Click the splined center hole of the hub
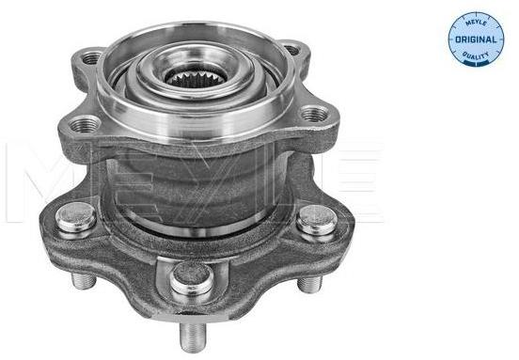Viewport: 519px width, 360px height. pos(197,79)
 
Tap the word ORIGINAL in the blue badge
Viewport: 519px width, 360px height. pos(477,39)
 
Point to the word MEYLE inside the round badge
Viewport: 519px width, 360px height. pos(476,23)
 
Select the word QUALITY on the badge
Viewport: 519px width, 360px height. pos(476,55)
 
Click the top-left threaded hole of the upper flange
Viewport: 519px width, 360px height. pos(91,58)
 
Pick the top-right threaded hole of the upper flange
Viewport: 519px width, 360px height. pos(292,50)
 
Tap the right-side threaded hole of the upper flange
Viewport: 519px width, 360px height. pos(314,114)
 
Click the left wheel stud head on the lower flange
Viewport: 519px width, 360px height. pos(76,218)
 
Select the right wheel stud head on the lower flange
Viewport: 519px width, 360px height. pos(317,220)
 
